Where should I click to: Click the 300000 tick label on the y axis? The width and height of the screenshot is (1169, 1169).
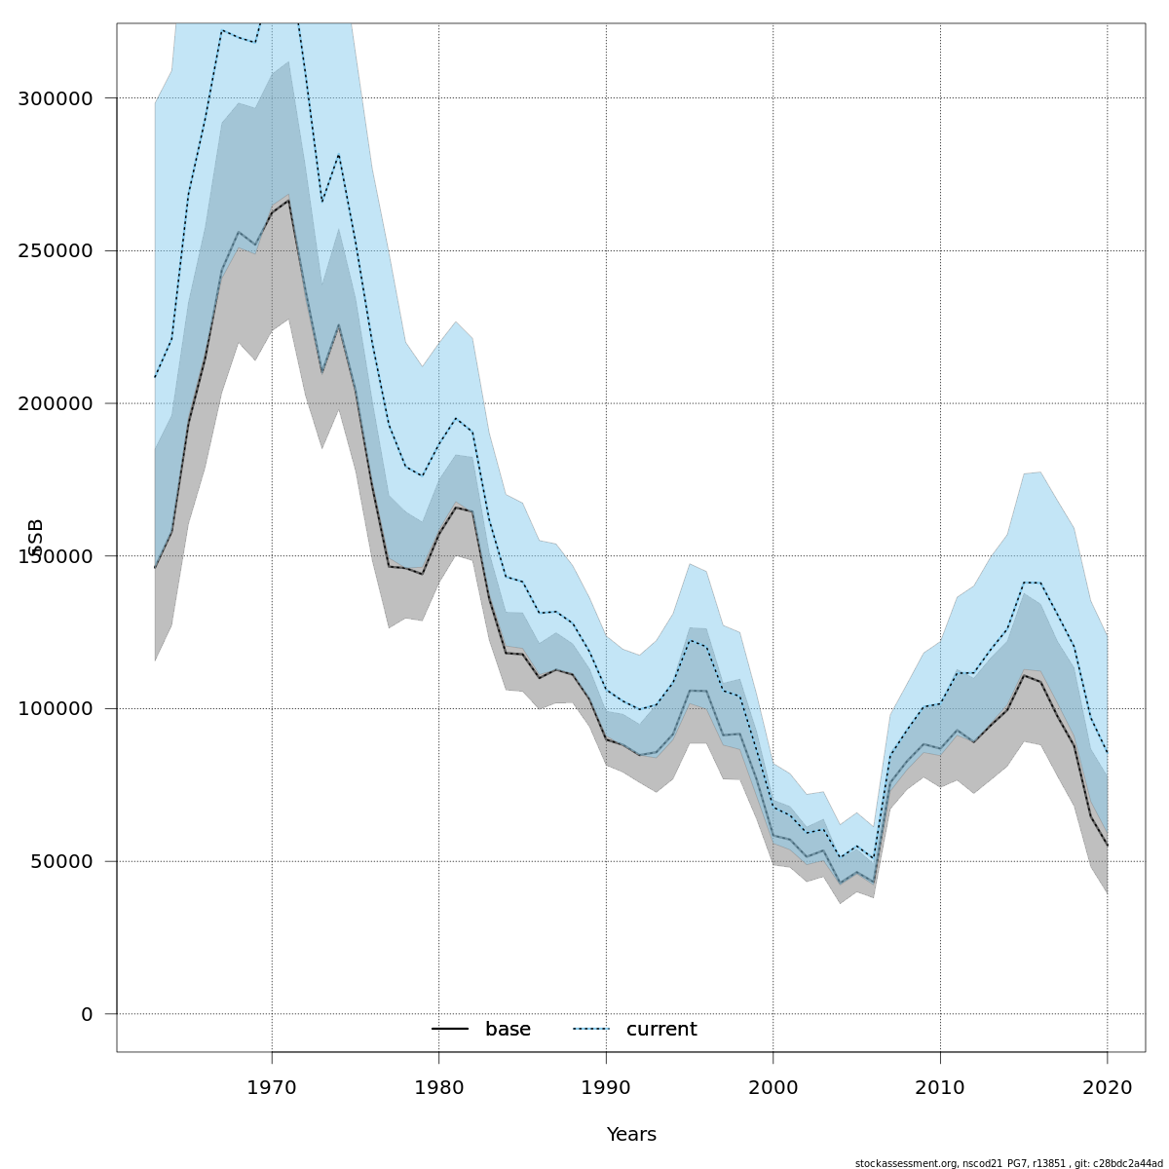56,98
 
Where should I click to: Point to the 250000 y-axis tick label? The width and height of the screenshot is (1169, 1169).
56,251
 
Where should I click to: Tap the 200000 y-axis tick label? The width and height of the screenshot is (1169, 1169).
56,403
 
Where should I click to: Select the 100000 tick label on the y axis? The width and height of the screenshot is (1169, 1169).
56,709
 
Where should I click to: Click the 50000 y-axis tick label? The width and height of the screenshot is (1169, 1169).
60,861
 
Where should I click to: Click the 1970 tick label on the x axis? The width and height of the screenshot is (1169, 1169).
272,1087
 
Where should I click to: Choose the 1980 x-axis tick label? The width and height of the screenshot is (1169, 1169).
439,1087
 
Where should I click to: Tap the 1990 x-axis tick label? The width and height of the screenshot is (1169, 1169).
606,1087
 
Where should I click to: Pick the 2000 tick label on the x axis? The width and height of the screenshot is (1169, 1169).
773,1087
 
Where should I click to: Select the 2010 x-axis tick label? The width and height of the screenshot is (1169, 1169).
940,1087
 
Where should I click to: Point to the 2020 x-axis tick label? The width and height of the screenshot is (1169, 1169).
1108,1087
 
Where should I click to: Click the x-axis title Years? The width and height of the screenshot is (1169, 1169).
631,1135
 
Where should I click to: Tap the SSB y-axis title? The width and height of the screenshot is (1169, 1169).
36,538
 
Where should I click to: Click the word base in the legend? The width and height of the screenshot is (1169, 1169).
508,1030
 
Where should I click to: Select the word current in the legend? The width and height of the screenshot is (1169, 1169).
661,1030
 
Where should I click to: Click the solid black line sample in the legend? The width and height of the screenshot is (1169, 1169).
450,1030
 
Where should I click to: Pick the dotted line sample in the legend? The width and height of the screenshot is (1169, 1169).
590,1030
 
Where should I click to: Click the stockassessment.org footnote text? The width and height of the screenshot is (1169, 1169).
1008,1163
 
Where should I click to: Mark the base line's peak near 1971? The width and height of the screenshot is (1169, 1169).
288,200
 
